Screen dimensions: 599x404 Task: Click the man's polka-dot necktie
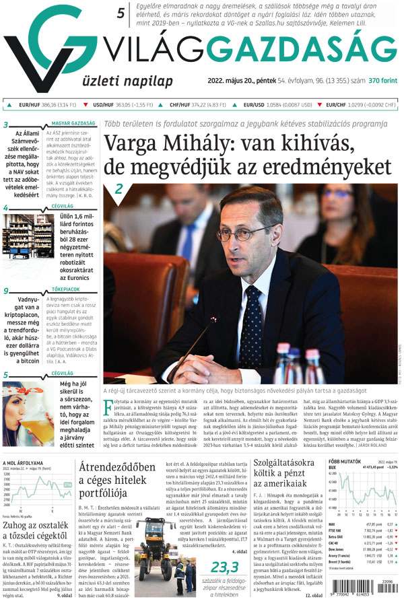252,316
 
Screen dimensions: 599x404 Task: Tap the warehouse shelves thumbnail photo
21,240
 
